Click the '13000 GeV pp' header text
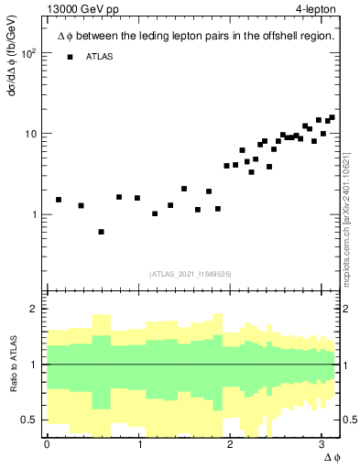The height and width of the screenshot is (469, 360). pos(80,9)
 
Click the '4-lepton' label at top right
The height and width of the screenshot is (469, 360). pos(315,9)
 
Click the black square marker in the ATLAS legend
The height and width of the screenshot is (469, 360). pos(71,57)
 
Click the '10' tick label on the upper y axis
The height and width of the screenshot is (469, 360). pos(31,134)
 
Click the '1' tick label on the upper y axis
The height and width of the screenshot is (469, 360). pos(35,214)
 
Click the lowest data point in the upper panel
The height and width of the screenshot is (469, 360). pos(101,232)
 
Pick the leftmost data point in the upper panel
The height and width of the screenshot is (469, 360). pos(59,199)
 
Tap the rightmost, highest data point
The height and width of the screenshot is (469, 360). pos(332,117)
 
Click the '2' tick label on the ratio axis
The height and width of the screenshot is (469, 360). pos(35,309)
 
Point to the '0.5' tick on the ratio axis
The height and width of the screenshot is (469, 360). pos(30,420)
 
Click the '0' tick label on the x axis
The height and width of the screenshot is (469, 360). pos(47,444)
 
